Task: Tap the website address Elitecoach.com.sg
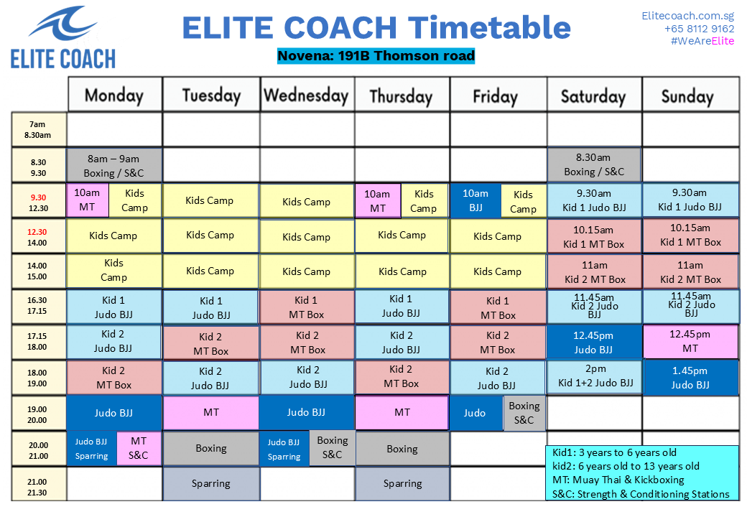687,15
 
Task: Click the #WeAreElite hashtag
702,41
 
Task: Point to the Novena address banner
376,55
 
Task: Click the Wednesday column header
306,96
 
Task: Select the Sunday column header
688,96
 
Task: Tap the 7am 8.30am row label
38,129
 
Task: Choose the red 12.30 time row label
38,237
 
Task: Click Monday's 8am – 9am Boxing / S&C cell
114,165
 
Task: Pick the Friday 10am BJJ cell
475,200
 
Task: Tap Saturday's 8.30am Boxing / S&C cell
593,164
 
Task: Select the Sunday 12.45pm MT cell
690,341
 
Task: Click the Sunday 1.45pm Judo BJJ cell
690,378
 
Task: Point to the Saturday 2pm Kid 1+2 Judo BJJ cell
595,376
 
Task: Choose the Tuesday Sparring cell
211,483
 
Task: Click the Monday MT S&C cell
139,447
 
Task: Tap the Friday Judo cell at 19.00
475,413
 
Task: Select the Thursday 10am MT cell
377,200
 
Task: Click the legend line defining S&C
641,493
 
